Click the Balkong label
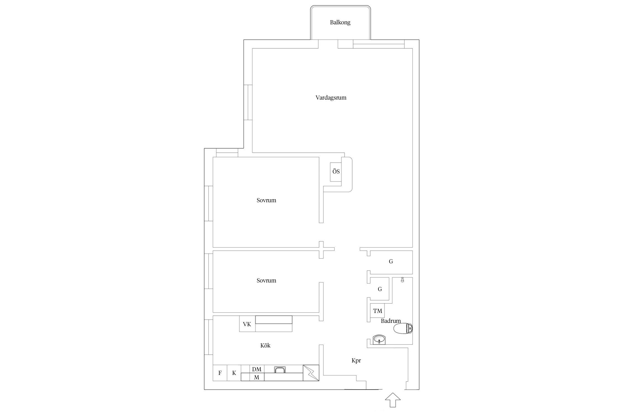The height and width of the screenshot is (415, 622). (x=340, y=22)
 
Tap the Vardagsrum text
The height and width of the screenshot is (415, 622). (x=331, y=98)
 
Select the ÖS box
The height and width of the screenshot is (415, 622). (x=336, y=172)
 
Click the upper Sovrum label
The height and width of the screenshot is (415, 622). (x=266, y=200)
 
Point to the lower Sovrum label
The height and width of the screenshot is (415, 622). (x=266, y=281)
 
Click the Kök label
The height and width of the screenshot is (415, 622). (x=265, y=346)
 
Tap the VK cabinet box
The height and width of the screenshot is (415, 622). (x=247, y=324)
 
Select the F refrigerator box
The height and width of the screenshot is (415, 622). (x=220, y=373)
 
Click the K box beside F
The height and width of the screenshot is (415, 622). (x=234, y=373)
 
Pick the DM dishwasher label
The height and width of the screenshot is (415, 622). (x=257, y=369)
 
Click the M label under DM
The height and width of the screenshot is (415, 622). (x=257, y=377)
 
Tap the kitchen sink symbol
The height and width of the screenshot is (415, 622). (x=280, y=370)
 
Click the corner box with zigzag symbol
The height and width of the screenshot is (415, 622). (x=311, y=373)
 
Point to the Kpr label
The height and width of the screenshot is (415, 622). (x=356, y=360)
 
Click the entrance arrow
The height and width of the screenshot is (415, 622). (x=393, y=400)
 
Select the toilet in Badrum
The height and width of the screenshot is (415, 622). (x=403, y=329)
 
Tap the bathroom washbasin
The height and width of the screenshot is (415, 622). (x=379, y=339)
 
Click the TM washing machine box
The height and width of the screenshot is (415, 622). (x=378, y=311)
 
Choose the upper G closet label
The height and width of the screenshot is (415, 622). (x=391, y=261)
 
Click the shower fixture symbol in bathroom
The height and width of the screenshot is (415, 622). (x=403, y=280)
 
